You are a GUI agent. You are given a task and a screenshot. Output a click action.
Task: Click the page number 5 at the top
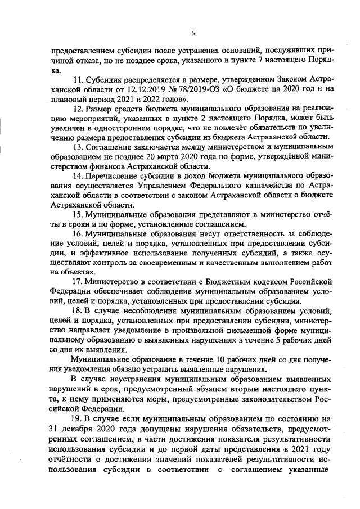(x=193, y=33)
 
